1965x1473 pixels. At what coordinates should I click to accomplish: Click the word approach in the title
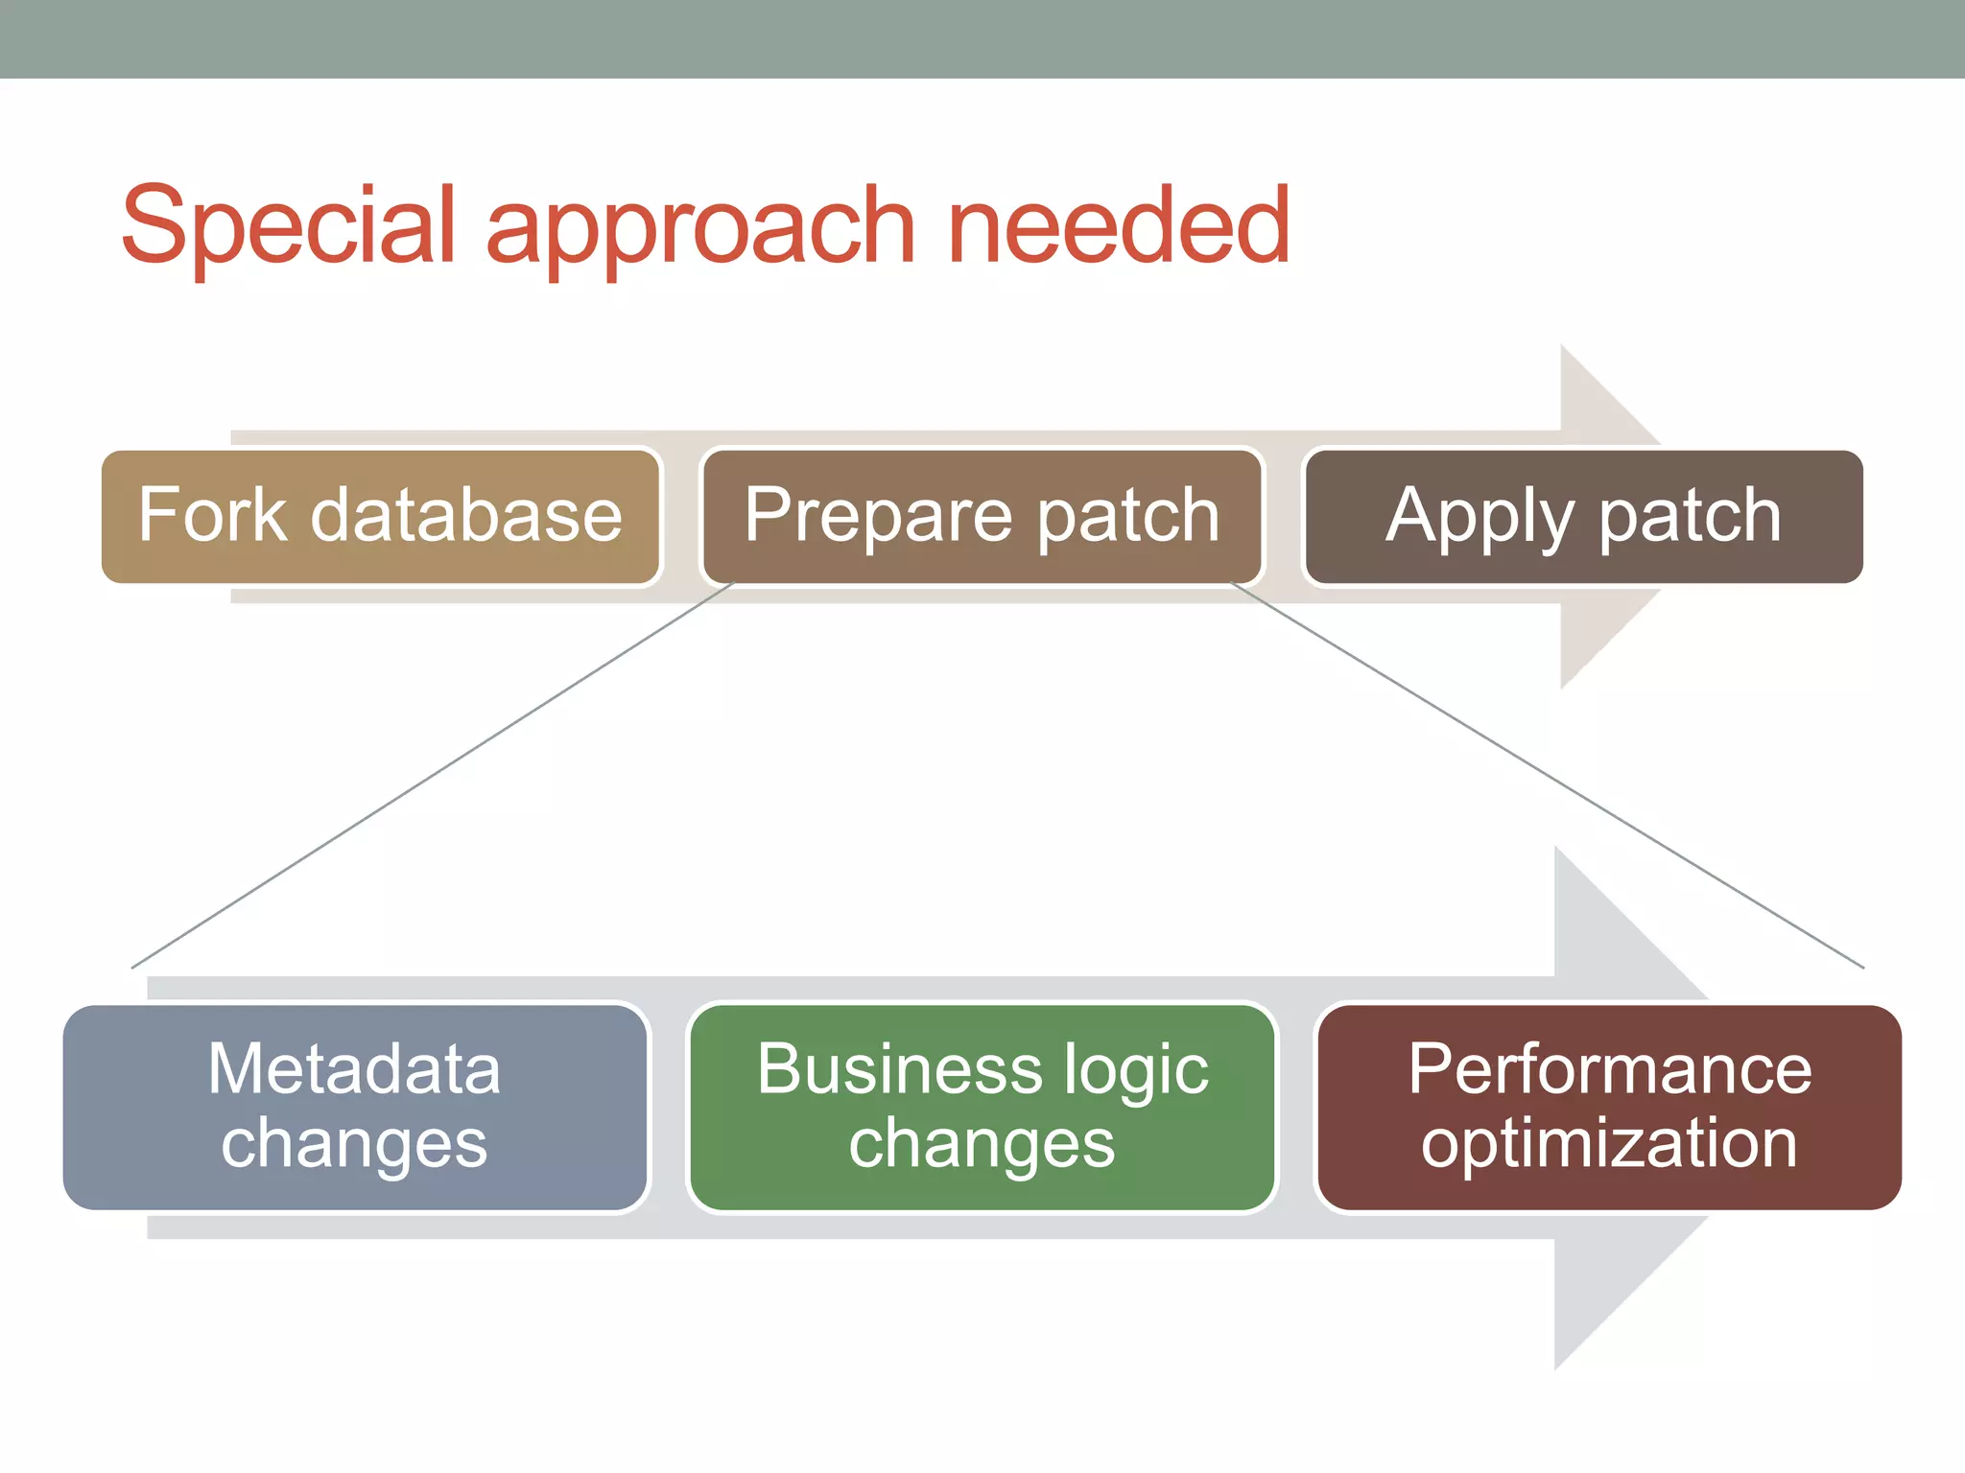700,230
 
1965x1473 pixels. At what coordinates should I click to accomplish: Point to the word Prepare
877,518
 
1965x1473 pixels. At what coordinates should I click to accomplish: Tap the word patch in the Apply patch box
1690,516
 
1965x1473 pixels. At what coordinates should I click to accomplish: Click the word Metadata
354,1069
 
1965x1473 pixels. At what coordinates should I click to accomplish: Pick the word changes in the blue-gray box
354,1144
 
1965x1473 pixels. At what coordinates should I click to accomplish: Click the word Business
899,1069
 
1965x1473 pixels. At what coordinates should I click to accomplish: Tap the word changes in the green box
982,1144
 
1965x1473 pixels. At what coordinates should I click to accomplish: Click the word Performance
1610,1069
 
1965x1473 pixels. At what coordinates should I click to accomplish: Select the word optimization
1609,1144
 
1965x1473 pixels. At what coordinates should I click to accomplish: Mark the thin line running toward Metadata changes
432,775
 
